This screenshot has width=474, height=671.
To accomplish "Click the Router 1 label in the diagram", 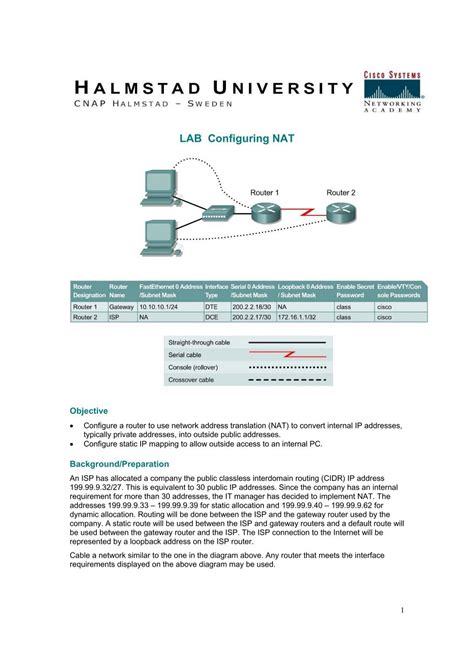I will pyautogui.click(x=264, y=191).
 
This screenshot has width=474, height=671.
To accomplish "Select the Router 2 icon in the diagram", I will pyautogui.click(x=340, y=211).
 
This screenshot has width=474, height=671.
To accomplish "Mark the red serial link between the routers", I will pyautogui.click(x=302, y=212).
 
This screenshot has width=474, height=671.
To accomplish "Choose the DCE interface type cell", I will pyautogui.click(x=212, y=316).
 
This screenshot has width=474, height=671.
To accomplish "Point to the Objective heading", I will pyautogui.click(x=88, y=411).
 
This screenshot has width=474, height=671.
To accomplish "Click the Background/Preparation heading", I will pyautogui.click(x=119, y=464).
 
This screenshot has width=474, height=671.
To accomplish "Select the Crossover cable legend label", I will pyautogui.click(x=192, y=380).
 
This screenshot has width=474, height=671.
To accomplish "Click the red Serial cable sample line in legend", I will pyautogui.click(x=286, y=355).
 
